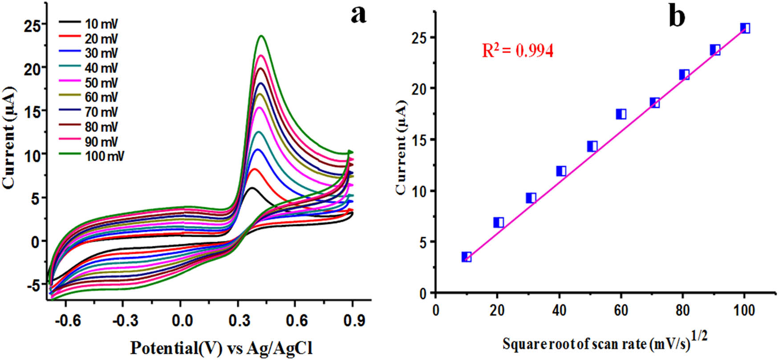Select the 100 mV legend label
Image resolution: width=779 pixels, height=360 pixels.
(x=104, y=156)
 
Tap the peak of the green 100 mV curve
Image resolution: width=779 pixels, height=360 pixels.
(x=261, y=36)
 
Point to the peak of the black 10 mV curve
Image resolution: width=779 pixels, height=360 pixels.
(x=252, y=188)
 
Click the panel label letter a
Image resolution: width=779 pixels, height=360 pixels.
(x=358, y=15)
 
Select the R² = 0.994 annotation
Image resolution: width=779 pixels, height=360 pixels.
(x=518, y=51)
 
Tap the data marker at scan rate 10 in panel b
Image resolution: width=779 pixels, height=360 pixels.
(x=467, y=257)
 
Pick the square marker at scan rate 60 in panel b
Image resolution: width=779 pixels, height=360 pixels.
(x=621, y=114)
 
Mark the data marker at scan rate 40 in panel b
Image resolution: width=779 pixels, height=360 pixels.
(x=561, y=171)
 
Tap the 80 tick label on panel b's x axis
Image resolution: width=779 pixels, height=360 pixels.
(x=682, y=310)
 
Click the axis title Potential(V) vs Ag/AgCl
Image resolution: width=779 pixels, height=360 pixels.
(x=221, y=348)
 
